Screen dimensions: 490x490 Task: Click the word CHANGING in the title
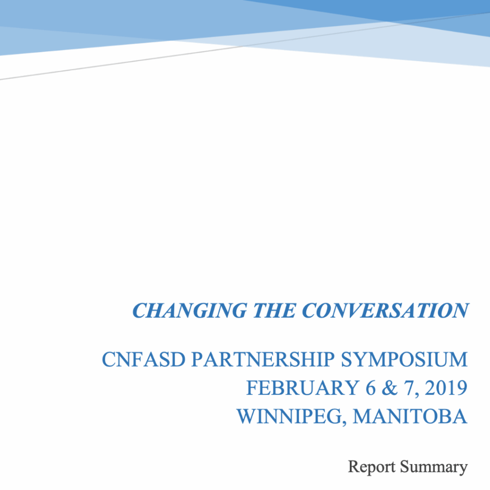[x=189, y=311]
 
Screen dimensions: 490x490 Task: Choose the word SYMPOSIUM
[x=404, y=359]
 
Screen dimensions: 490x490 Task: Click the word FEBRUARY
[x=302, y=388]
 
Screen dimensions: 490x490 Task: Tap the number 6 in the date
[x=370, y=388]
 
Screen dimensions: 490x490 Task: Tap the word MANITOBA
[x=410, y=417]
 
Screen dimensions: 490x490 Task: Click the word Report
[x=372, y=467]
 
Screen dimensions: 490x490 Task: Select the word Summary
[x=434, y=468]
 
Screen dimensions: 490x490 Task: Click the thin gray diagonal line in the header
[x=245, y=46]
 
